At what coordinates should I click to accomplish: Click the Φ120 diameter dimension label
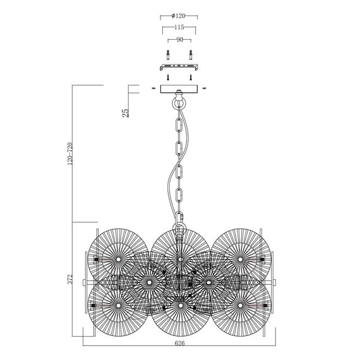click(178, 16)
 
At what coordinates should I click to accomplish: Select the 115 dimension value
click(179, 27)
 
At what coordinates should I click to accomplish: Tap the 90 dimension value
click(179, 40)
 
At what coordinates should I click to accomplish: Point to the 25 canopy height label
click(125, 112)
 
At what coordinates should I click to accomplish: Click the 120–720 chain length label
click(70, 153)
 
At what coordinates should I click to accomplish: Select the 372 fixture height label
click(70, 279)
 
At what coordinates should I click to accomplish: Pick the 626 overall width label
click(179, 343)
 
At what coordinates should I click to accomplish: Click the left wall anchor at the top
click(168, 55)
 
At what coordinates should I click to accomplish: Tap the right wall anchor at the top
click(190, 55)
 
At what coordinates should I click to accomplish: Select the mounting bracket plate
click(179, 68)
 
